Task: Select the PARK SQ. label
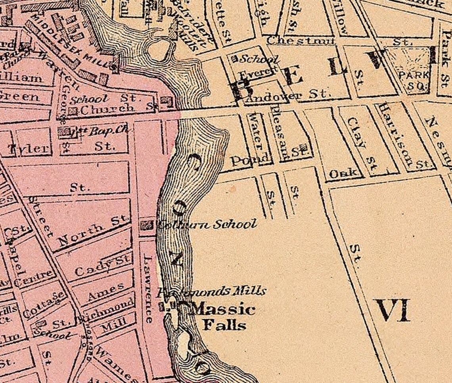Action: pos(413,80)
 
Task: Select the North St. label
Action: pos(94,230)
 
